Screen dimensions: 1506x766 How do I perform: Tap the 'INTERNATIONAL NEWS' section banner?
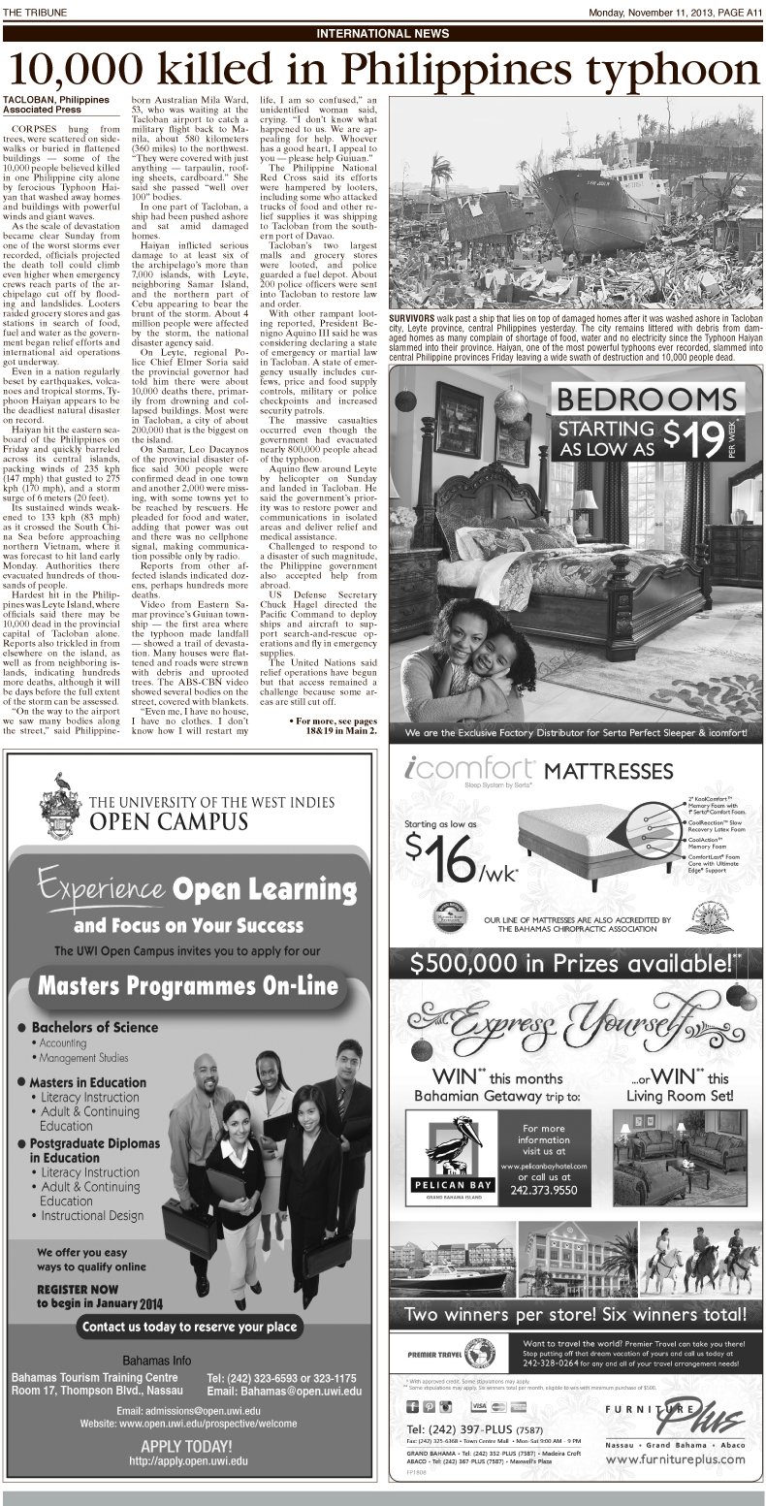[x=383, y=33]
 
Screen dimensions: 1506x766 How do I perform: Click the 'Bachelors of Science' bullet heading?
[x=94, y=1028]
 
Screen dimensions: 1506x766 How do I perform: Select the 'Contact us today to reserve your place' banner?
[x=189, y=1326]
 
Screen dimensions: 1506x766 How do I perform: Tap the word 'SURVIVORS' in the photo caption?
[x=414, y=318]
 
